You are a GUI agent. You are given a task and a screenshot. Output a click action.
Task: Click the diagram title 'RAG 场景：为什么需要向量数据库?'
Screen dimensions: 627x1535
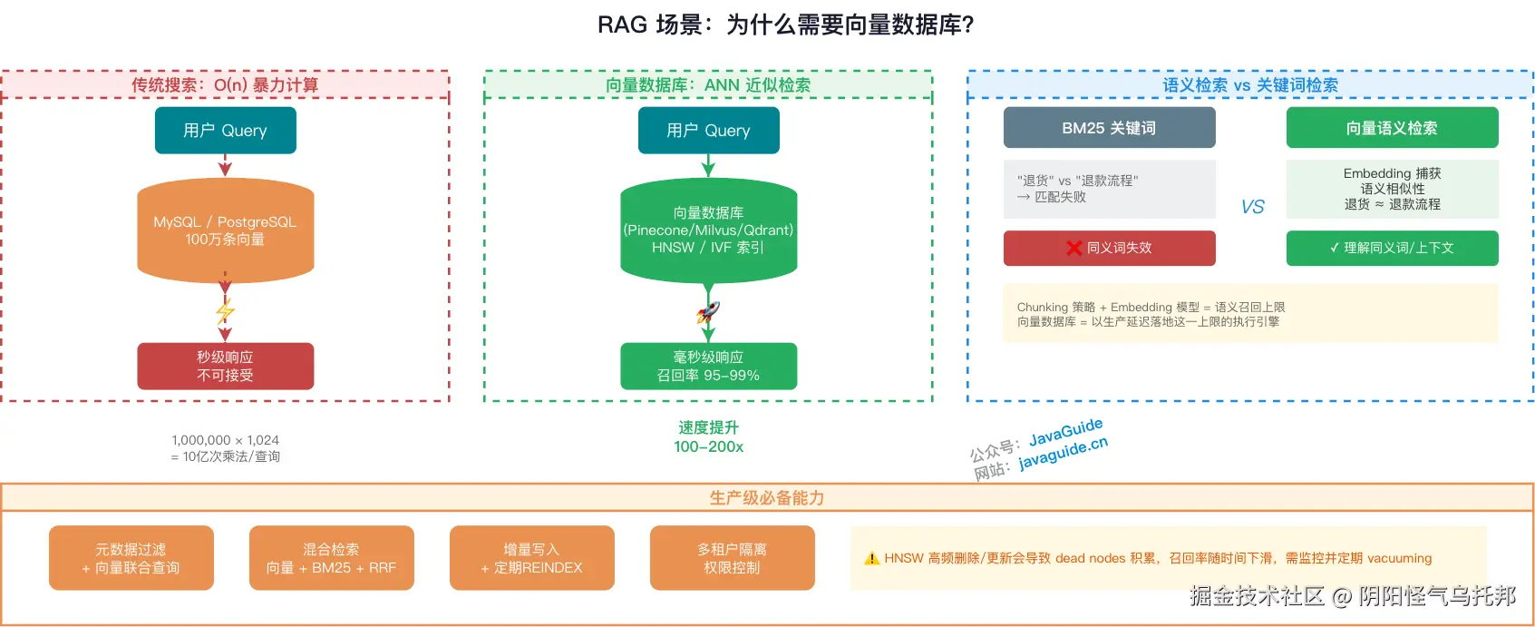(x=785, y=24)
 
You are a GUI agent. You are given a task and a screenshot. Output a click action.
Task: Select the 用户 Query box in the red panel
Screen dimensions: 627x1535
(x=225, y=131)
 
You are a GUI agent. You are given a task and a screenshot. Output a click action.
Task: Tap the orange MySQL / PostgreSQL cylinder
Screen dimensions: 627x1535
(x=225, y=230)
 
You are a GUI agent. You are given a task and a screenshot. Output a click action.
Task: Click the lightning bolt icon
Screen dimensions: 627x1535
(x=225, y=311)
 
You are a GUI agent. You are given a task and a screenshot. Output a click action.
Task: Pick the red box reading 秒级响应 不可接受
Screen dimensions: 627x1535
(x=225, y=367)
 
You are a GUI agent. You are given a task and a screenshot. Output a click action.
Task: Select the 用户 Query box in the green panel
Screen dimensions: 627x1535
(x=708, y=131)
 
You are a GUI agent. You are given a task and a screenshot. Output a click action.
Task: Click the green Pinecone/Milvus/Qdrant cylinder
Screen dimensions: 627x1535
(x=708, y=230)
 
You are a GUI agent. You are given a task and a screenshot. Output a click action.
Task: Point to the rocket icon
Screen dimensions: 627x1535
(x=708, y=313)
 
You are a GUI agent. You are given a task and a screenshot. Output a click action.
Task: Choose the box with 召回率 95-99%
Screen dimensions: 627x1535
(x=708, y=367)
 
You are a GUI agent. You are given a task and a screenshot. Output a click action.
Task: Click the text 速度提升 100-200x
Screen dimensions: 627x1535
(x=708, y=437)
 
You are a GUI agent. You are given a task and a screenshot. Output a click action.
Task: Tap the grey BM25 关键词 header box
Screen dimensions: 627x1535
(x=1109, y=128)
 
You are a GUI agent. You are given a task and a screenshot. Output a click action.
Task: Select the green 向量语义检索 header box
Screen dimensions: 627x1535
(x=1392, y=128)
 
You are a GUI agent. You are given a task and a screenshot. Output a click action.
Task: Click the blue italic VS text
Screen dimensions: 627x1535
(x=1252, y=207)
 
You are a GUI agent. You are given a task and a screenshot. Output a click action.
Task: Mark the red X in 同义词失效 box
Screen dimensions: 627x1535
(x=1074, y=248)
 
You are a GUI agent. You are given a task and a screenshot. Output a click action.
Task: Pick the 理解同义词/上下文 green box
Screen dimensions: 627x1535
(x=1392, y=248)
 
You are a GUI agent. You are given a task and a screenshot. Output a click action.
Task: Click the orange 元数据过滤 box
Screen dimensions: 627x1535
(x=131, y=558)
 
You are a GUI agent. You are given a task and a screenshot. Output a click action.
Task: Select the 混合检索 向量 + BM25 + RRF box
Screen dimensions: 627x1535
(x=331, y=558)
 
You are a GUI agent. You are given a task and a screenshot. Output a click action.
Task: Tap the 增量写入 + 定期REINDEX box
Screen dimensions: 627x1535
(x=531, y=558)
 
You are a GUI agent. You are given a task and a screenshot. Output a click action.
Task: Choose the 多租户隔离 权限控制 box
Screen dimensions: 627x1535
(x=732, y=558)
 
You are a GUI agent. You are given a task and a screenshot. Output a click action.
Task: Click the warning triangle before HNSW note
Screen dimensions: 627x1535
(x=871, y=559)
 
